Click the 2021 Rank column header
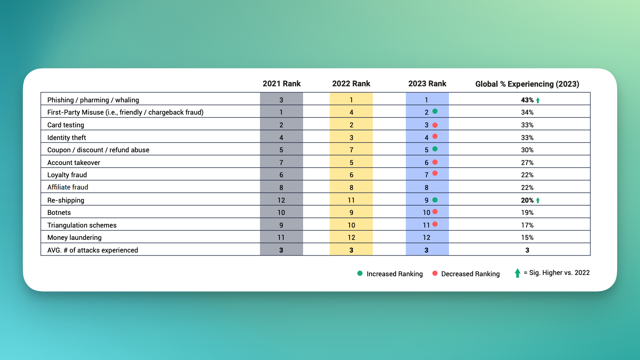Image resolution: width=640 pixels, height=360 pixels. (x=282, y=84)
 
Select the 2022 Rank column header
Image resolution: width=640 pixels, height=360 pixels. (x=351, y=84)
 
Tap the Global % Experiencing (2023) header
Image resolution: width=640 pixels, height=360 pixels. (x=527, y=84)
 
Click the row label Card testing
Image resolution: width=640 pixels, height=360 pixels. (x=66, y=125)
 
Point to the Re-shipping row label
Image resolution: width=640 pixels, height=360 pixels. (x=66, y=200)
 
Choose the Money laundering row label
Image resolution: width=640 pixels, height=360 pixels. (x=74, y=237)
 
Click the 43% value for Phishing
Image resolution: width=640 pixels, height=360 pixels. (x=527, y=100)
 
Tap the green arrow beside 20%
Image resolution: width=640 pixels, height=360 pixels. (x=538, y=200)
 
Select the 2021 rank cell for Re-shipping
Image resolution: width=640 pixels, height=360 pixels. (x=281, y=200)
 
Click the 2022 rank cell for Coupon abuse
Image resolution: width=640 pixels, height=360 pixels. (x=351, y=150)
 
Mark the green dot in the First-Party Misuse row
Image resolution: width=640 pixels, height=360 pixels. (x=435, y=111)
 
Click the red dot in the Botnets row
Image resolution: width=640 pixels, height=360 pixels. (x=435, y=212)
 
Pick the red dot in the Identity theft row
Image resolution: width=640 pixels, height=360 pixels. (x=435, y=136)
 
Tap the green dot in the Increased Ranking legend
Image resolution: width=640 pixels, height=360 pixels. (x=360, y=273)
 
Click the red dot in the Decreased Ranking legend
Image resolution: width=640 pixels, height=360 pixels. (x=435, y=273)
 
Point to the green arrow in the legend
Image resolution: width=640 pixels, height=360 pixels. (x=517, y=273)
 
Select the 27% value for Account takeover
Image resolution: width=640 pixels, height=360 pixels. (x=527, y=162)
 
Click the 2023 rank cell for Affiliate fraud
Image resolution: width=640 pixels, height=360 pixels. (x=427, y=187)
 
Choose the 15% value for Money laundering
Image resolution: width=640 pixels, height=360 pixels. (x=527, y=237)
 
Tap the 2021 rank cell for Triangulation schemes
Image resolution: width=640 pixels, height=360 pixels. (x=281, y=225)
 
